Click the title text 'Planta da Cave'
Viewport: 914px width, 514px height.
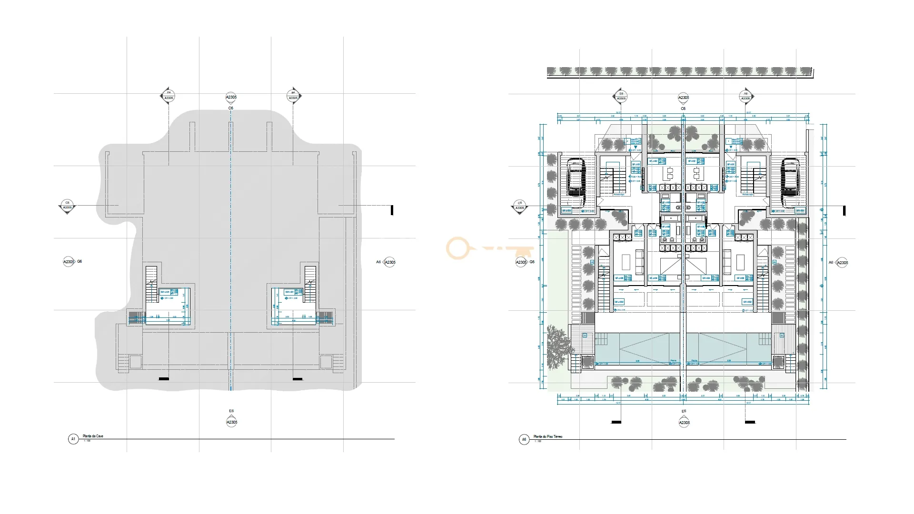93,436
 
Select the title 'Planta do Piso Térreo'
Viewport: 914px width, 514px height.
547,436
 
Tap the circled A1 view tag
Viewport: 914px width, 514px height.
73,439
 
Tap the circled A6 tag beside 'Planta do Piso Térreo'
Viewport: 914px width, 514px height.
524,439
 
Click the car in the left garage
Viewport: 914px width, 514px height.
576,183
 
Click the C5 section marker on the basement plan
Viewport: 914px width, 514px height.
67,206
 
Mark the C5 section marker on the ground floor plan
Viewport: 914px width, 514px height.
519,206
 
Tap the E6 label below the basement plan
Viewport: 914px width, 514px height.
231,411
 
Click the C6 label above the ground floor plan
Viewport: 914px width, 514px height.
683,109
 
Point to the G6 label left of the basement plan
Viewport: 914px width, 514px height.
79,261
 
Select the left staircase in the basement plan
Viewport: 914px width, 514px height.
151,284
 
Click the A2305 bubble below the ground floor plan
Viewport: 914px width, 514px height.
684,423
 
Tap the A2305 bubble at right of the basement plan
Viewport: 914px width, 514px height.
390,262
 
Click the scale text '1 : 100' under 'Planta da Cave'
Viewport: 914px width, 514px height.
87,441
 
